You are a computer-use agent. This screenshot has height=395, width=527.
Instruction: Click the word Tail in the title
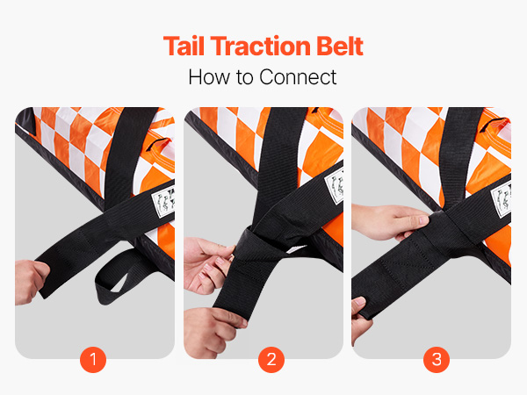click(184, 46)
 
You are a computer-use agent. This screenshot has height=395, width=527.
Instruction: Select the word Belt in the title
click(340, 46)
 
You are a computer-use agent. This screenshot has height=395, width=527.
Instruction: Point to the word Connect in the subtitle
click(298, 77)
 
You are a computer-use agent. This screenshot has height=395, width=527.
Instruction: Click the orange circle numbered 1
click(93, 359)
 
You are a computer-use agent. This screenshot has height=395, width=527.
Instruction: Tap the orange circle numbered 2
click(271, 359)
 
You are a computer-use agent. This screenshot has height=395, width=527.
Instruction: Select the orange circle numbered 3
click(437, 359)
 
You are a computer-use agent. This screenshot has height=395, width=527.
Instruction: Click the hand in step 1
click(30, 282)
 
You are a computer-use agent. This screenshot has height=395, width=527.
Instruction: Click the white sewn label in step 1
click(163, 205)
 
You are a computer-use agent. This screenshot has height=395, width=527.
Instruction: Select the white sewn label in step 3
click(502, 201)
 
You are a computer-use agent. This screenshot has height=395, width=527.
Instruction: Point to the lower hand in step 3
click(360, 320)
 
